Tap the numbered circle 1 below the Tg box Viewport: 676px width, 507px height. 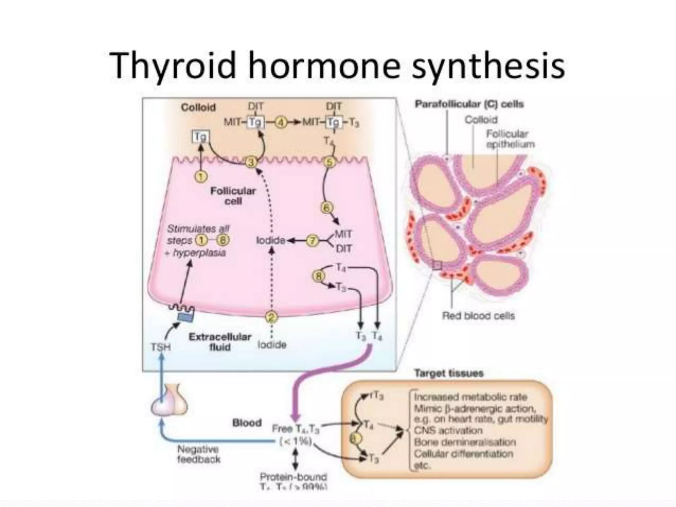pos(201,177)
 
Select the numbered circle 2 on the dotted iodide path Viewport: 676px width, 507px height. pos(272,318)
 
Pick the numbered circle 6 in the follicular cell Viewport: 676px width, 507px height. pos(327,208)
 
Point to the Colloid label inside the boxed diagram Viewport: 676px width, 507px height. pos(198,107)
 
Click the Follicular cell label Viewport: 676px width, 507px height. pos(233,196)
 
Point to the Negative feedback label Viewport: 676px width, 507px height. pos(198,454)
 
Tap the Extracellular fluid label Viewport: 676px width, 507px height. pos(220,342)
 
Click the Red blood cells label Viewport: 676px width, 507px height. pos(478,316)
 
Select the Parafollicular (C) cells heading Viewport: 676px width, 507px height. pos(469,104)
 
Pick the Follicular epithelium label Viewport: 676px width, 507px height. pos(510,139)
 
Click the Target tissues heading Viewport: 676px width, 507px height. pos(449,373)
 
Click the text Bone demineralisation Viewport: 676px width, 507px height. pos(465,442)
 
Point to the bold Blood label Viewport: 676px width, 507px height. pos(247,423)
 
